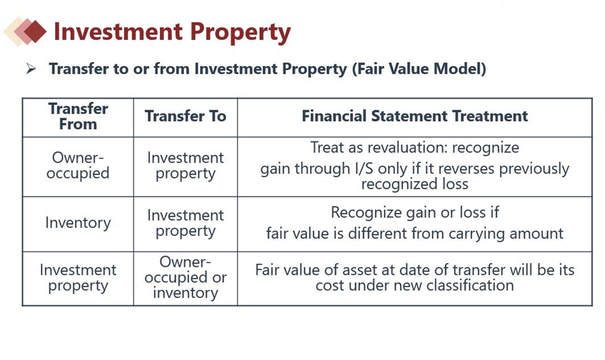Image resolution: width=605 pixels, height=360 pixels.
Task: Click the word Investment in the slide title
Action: [118, 32]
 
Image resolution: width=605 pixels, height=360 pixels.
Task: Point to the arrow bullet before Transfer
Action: [31, 69]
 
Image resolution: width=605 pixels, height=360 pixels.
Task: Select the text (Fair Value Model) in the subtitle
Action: [419, 69]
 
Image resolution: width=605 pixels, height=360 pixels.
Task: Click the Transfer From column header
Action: [78, 117]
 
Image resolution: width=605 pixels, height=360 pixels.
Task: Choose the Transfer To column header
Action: [185, 116]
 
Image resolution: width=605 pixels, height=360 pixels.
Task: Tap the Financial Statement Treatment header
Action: [415, 116]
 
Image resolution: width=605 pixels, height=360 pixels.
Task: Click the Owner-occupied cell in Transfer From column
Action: [78, 165]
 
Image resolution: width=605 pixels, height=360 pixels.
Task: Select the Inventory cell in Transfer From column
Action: [78, 222]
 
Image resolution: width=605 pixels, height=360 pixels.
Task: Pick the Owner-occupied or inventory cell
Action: [185, 278]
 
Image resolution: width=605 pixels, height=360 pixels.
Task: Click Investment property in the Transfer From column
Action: [78, 278]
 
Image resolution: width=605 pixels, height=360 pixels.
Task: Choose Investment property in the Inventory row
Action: [185, 224]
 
